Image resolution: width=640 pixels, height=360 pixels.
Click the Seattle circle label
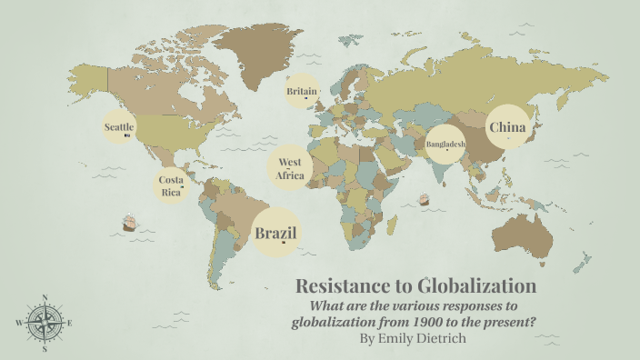coord(119,127)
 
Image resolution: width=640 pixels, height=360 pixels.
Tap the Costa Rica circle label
coord(171,185)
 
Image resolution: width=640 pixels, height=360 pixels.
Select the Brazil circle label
coord(275,234)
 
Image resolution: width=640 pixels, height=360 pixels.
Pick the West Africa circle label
coord(290,169)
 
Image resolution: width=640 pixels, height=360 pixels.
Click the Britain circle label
coord(302,92)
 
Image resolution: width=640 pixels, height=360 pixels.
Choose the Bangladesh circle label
coord(445,144)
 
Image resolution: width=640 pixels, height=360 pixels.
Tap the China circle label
coord(507,128)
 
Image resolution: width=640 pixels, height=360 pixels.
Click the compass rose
coord(44,322)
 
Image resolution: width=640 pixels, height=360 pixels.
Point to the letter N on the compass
coord(45,297)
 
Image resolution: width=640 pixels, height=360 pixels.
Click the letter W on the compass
coord(18,323)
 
